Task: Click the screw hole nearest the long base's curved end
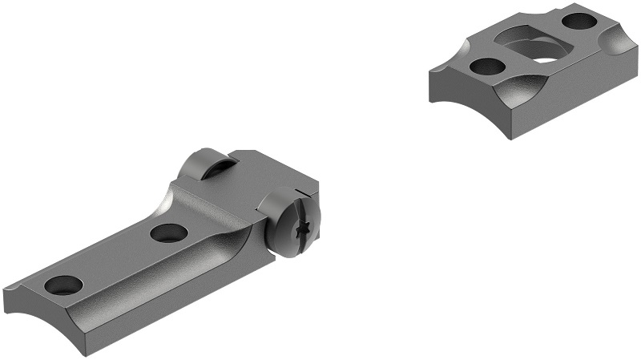coord(63,284)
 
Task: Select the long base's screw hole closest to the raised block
coord(168,233)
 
